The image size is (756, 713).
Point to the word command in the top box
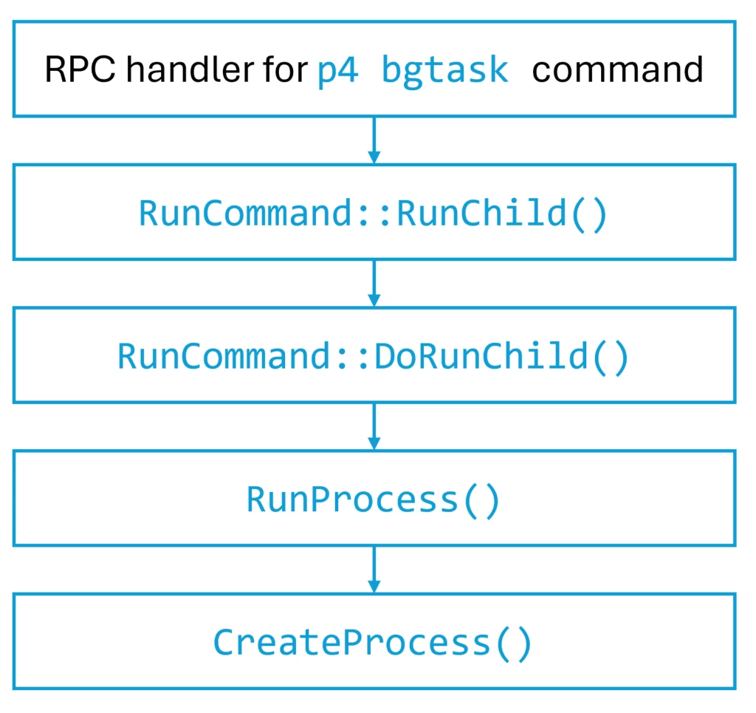617,70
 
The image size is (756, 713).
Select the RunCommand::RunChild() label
374,214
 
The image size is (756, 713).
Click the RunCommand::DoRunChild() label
374,357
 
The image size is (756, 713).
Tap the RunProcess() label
374,500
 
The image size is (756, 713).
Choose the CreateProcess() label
374,643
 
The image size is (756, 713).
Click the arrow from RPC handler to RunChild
374,137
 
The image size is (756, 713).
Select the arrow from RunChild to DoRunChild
374,281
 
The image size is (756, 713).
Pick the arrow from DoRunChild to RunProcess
374,424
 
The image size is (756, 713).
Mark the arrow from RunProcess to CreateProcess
374,567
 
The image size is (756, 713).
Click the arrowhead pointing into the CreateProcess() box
374,586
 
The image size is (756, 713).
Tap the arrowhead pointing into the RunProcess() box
374,443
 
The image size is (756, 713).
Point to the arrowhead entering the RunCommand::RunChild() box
374,156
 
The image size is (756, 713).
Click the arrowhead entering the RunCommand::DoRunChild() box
374,299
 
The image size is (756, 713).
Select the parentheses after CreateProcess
512,643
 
